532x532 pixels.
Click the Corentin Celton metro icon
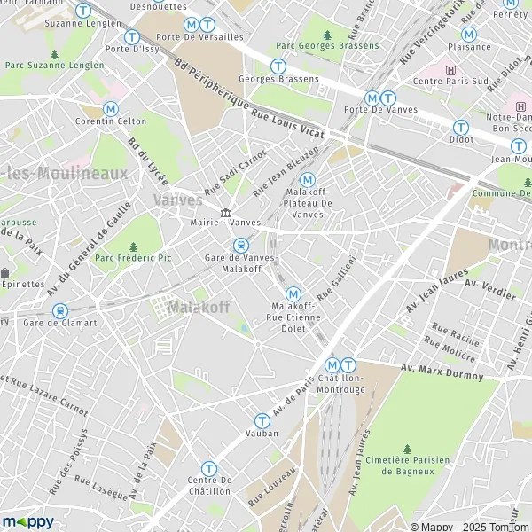click(111, 108)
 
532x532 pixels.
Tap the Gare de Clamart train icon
click(60, 311)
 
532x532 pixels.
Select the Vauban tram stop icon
click(262, 421)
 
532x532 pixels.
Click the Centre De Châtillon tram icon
click(208, 468)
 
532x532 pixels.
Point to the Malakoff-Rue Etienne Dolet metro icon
click(293, 293)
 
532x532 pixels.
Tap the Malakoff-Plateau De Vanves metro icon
click(308, 179)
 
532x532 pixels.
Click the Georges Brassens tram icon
click(278, 66)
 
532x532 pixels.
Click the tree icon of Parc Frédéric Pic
click(133, 247)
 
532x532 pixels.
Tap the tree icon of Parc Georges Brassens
click(327, 35)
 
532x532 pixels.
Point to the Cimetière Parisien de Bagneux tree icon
click(408, 450)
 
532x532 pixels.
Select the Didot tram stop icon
click(460, 127)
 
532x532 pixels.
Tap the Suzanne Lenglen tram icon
click(83, 10)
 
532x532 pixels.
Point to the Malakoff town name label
click(199, 307)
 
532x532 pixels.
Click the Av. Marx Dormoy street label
click(442, 372)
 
